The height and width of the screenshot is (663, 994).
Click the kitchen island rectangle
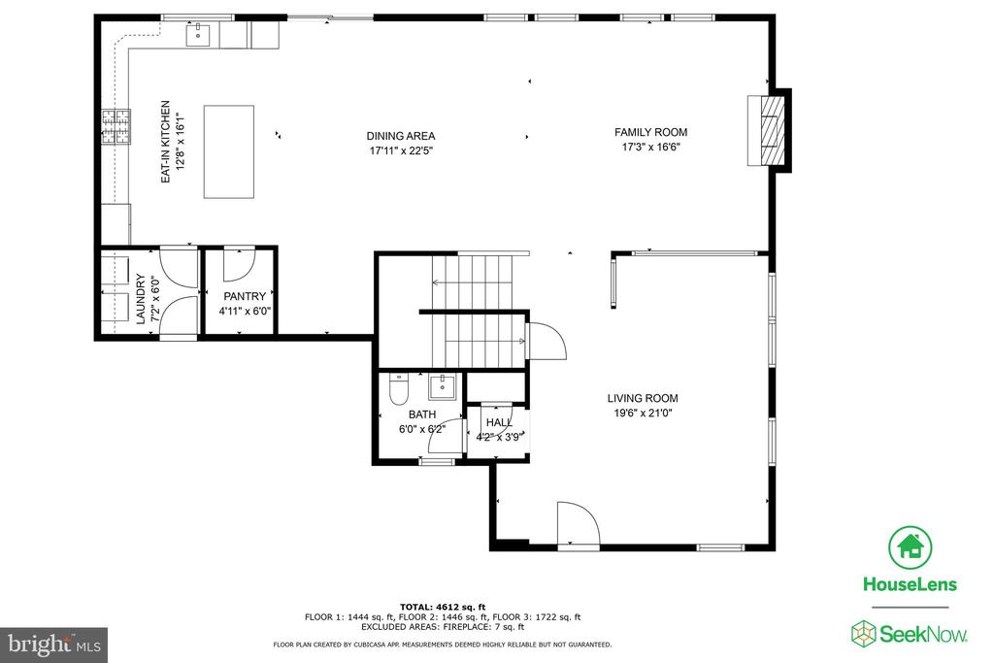click(x=229, y=152)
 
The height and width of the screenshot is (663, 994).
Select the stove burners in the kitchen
click(x=116, y=127)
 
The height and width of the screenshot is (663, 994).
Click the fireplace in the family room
click(x=767, y=131)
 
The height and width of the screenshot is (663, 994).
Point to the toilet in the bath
click(x=398, y=390)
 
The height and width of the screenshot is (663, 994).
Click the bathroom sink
click(x=442, y=386)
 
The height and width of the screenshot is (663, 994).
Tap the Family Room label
click(x=650, y=132)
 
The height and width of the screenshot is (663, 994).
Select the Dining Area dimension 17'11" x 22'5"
click(x=401, y=150)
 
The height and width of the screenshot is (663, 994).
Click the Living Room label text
click(x=643, y=398)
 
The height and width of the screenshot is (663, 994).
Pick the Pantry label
click(x=245, y=296)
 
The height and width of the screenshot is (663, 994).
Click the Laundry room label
click(x=141, y=299)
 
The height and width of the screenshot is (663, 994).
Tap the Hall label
click(x=500, y=422)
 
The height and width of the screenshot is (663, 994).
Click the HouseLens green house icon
click(x=910, y=547)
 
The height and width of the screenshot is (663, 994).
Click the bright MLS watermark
click(x=54, y=645)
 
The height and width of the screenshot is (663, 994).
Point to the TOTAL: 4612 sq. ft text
click(x=443, y=608)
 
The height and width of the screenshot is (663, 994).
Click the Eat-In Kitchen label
click(x=165, y=142)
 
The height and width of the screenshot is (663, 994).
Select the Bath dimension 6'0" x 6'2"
click(x=422, y=429)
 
